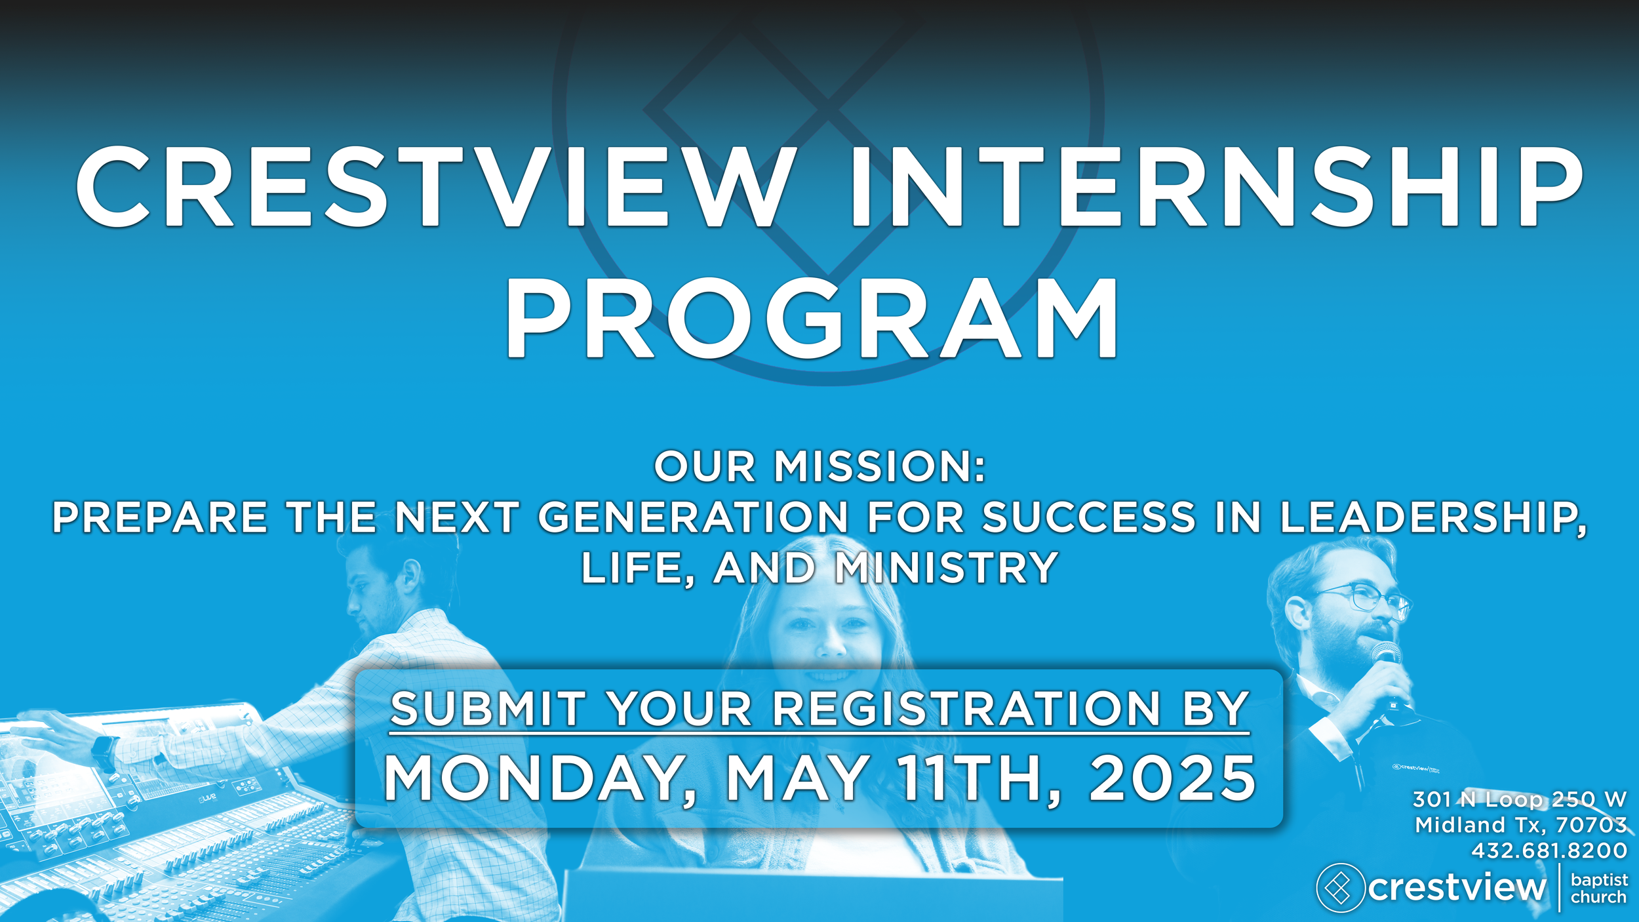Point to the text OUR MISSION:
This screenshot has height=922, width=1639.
[819, 467]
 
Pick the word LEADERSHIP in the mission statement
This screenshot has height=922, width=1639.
[1432, 517]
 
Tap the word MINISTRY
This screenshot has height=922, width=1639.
[946, 568]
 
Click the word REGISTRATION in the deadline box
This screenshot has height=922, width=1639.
[966, 710]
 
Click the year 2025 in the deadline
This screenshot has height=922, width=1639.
[1172, 779]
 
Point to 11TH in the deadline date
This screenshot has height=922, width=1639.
[977, 779]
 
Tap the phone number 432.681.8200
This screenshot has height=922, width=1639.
[1549, 851]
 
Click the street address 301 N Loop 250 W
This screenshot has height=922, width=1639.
[1519, 799]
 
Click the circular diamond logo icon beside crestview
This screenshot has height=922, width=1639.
[1340, 888]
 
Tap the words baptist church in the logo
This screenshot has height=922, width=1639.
[1599, 889]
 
